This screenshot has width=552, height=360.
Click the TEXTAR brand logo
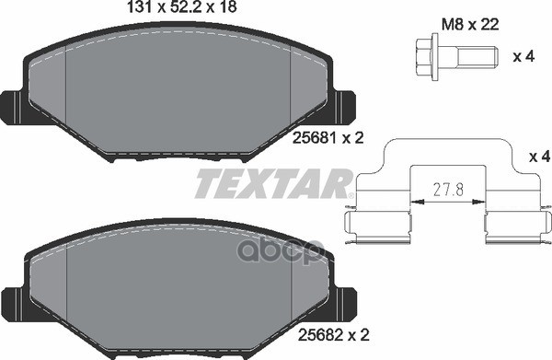[x=272, y=184]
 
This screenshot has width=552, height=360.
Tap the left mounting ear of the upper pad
[x=12, y=106]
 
